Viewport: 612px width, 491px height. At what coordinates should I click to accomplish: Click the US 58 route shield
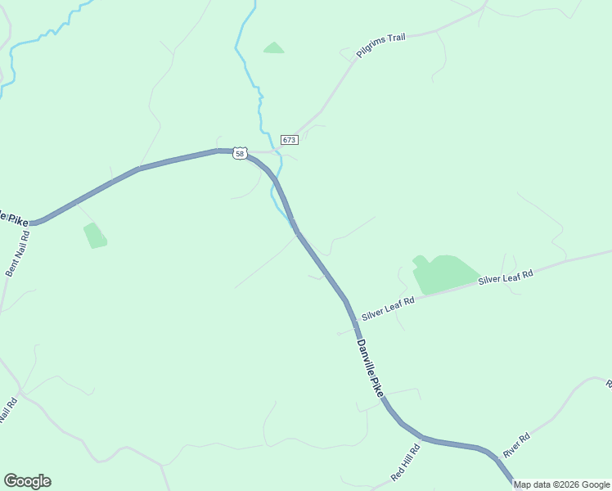pos(239,153)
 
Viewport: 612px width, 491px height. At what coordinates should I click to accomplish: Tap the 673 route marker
pos(289,140)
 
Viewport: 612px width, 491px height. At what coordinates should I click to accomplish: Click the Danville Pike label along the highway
pos(370,369)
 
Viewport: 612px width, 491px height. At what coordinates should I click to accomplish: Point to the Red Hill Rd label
pos(405,462)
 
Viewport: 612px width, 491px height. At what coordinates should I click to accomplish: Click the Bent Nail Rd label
pos(17,253)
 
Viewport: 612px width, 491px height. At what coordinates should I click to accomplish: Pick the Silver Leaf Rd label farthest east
pos(506,276)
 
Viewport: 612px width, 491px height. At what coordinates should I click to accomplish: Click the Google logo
pos(27,481)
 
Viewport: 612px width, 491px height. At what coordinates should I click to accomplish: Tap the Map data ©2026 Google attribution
pos(561,484)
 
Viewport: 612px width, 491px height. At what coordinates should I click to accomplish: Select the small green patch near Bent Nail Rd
pos(95,236)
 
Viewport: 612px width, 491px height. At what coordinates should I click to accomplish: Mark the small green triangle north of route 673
pos(274,48)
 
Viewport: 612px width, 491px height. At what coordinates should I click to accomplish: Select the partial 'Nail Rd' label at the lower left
pos(9,412)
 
